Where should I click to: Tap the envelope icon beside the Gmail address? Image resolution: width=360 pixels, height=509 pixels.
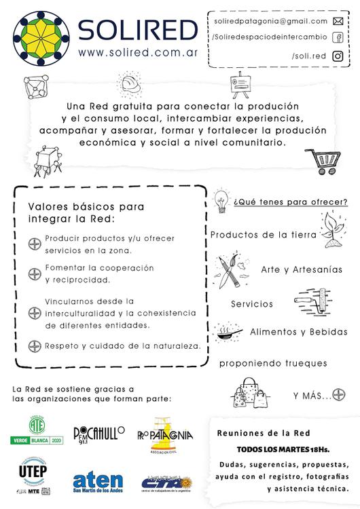pos(338,21)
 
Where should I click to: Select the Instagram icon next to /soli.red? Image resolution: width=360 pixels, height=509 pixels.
pos(338,56)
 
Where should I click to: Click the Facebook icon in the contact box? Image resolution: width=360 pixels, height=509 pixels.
pos(338,38)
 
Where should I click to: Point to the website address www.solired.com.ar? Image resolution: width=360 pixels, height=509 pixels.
pos(137,52)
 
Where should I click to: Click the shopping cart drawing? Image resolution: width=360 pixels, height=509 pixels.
pos(324,162)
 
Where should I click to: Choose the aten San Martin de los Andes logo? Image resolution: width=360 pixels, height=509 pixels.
pos(98,483)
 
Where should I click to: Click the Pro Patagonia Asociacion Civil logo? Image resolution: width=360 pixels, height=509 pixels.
pos(164,435)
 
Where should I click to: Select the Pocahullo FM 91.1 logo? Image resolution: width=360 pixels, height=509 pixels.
pos(99,434)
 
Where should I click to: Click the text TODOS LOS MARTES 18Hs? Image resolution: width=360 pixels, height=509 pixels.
pos(283,449)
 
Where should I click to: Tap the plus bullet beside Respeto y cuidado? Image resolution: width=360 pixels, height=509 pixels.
pos(34,346)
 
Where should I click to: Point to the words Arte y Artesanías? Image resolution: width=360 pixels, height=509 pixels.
pos(301,269)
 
